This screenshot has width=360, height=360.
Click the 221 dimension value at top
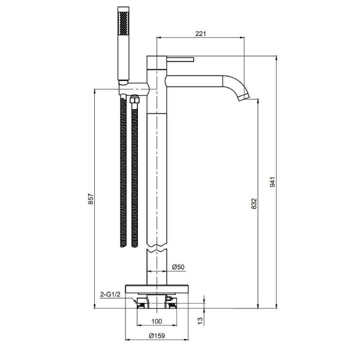[x=200, y=34]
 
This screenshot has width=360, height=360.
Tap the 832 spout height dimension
[x=254, y=203]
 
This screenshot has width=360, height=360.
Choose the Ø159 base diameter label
[x=157, y=337]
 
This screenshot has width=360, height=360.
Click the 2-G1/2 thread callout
[x=110, y=294]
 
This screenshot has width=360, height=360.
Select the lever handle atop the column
[x=179, y=59]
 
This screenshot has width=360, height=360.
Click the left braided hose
[x=124, y=174]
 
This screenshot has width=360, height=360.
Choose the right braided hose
[x=135, y=174]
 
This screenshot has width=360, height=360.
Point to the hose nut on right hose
[x=135, y=101]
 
